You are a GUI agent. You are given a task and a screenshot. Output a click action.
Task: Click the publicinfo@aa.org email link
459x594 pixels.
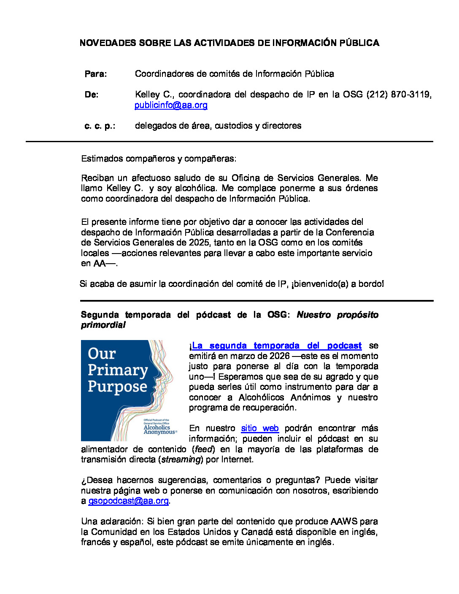coord(171,105)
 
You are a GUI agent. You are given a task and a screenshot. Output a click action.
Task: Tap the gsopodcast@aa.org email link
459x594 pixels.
coord(128,501)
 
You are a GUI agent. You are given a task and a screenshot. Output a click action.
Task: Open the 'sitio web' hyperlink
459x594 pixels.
coord(259,428)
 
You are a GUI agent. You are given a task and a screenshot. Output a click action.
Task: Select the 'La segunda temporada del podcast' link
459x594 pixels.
coord(277,346)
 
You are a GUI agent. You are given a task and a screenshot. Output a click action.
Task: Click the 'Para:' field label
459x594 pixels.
coord(96,74)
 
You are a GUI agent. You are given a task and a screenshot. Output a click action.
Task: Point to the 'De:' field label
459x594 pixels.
coord(92,94)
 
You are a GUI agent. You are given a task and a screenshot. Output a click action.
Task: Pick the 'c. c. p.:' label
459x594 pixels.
coord(100,126)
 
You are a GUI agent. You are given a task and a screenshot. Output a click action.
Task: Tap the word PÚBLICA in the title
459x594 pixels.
coord(359,43)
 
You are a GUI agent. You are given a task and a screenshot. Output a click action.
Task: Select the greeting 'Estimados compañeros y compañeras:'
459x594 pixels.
coord(159,159)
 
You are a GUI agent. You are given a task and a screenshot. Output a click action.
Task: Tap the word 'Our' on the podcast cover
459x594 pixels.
coord(102,354)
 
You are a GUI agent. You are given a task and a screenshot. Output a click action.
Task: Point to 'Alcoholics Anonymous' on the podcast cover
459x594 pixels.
coord(159,429)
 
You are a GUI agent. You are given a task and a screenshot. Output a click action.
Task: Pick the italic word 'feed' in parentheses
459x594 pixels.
coord(205,449)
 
